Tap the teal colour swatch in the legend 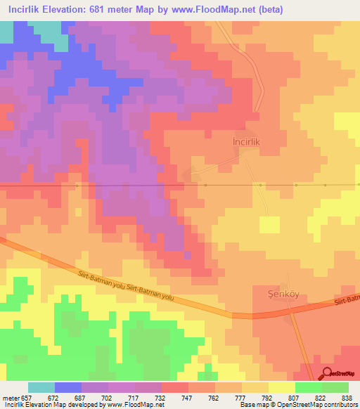pos(41,387)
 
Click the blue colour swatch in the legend pos(68,387)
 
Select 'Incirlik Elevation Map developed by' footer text pos(53,405)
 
